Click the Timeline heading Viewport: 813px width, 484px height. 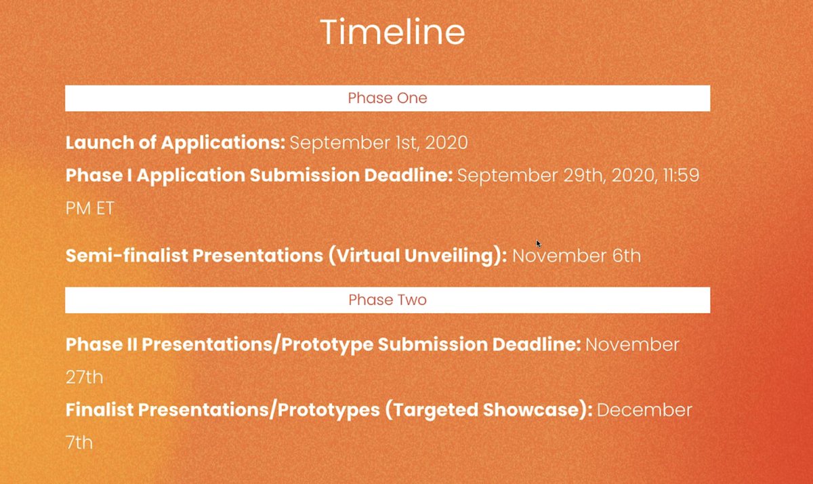click(392, 32)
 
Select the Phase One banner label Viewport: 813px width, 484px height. click(388, 98)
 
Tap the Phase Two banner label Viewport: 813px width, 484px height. click(388, 300)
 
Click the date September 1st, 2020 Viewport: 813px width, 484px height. click(379, 143)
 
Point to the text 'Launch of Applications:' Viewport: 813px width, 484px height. click(175, 143)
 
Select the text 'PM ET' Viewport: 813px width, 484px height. click(89, 208)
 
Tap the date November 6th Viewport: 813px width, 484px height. click(577, 256)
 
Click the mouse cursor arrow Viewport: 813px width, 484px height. click(539, 243)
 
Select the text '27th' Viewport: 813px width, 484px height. click(84, 377)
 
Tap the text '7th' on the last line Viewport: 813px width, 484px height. click(79, 443)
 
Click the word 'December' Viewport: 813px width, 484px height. click(644, 410)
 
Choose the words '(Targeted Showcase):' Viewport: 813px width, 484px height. click(488, 410)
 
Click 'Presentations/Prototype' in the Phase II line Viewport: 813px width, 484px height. click(257, 344)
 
